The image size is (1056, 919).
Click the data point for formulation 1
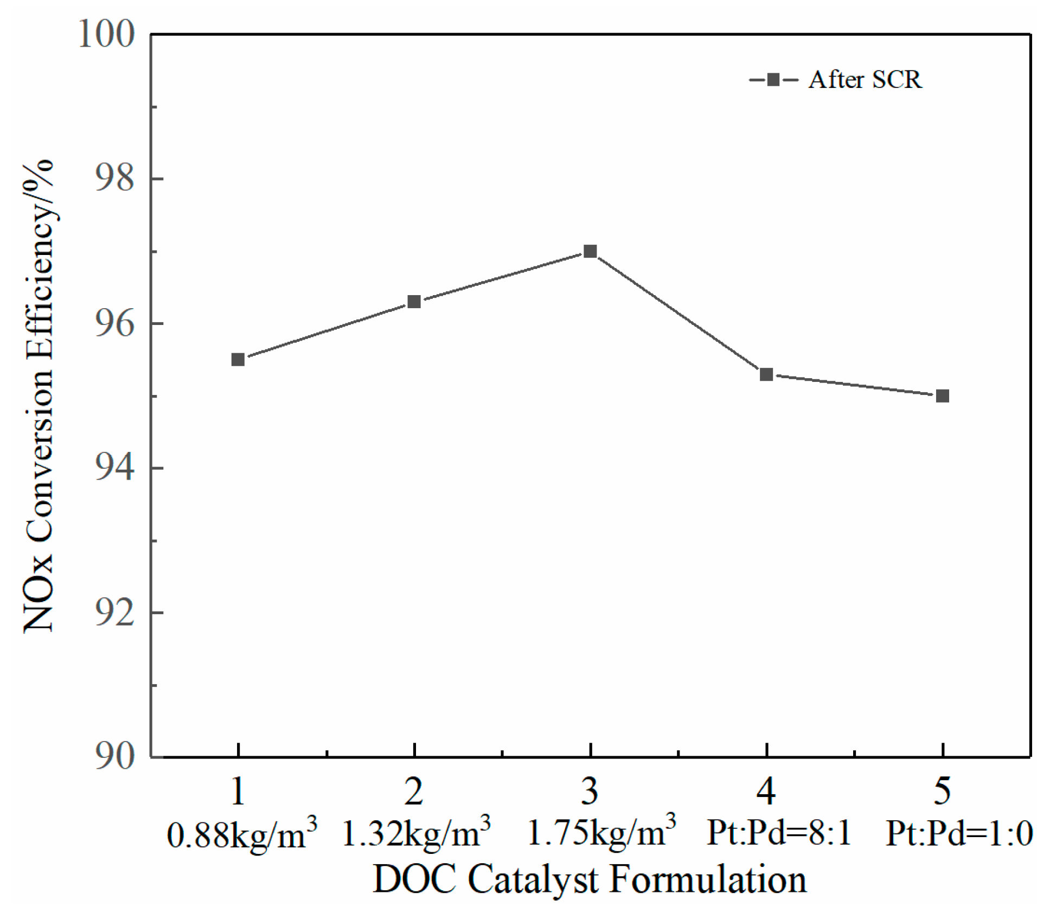(238, 359)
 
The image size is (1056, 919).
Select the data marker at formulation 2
(414, 301)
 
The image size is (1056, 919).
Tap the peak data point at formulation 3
(590, 251)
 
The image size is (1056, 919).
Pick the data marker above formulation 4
(766, 374)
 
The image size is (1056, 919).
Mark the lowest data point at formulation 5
(943, 395)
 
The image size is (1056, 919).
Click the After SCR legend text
(865, 80)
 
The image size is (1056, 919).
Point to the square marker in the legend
(773, 80)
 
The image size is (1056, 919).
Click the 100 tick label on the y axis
(106, 34)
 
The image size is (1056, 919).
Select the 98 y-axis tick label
(114, 178)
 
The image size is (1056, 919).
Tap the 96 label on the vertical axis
(114, 323)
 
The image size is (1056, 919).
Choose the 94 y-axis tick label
(114, 468)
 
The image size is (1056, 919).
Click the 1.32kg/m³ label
(416, 833)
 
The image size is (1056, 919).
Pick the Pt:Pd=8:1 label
(779, 833)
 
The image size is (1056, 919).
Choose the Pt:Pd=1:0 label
(959, 833)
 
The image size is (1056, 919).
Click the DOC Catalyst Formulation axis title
(590, 879)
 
